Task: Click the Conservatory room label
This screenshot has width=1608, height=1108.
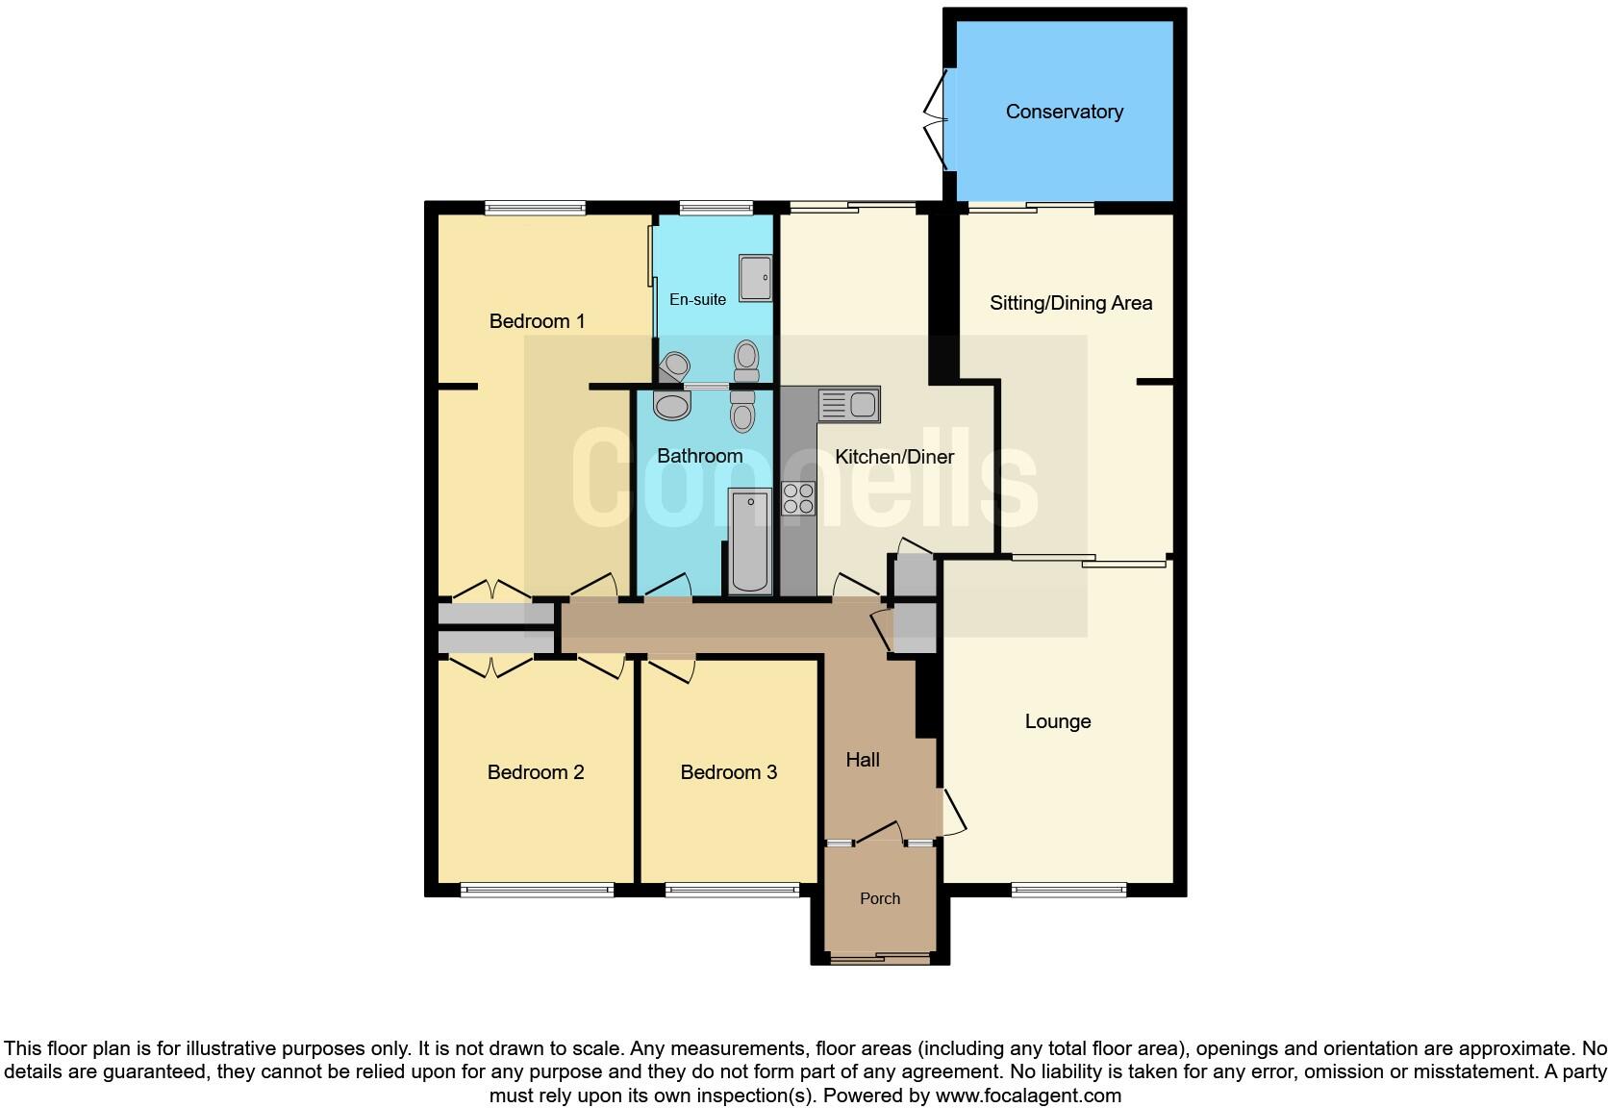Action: pyautogui.click(x=1064, y=112)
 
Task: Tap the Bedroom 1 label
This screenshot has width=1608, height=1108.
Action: pyautogui.click(x=537, y=321)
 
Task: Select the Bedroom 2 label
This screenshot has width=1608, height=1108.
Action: pyautogui.click(x=536, y=772)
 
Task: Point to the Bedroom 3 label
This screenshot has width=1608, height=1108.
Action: pyautogui.click(x=728, y=772)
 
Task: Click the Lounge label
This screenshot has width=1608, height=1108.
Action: pyautogui.click(x=1057, y=721)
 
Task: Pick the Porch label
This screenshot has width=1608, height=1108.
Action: pyautogui.click(x=880, y=898)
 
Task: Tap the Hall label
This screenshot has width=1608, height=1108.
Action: pyautogui.click(x=863, y=760)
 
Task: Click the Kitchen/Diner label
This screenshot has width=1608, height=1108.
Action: pyautogui.click(x=894, y=457)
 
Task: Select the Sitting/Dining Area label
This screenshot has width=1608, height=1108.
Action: pyautogui.click(x=1070, y=303)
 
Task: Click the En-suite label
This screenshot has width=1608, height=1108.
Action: pyautogui.click(x=697, y=300)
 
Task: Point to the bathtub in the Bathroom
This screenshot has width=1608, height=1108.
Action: pyautogui.click(x=750, y=541)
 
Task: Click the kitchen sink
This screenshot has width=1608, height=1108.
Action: pyautogui.click(x=848, y=405)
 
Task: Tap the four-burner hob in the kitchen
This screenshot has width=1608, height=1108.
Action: pyautogui.click(x=798, y=498)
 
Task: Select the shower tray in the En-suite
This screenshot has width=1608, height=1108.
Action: pyautogui.click(x=755, y=277)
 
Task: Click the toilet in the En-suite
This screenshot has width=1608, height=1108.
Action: pyautogui.click(x=746, y=361)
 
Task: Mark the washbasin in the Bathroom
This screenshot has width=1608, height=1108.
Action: pyautogui.click(x=671, y=406)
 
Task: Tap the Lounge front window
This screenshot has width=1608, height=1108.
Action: pyautogui.click(x=1068, y=891)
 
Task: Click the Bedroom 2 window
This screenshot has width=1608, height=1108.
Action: pyautogui.click(x=537, y=891)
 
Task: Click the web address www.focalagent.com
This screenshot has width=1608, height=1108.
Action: pyautogui.click(x=1028, y=1095)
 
